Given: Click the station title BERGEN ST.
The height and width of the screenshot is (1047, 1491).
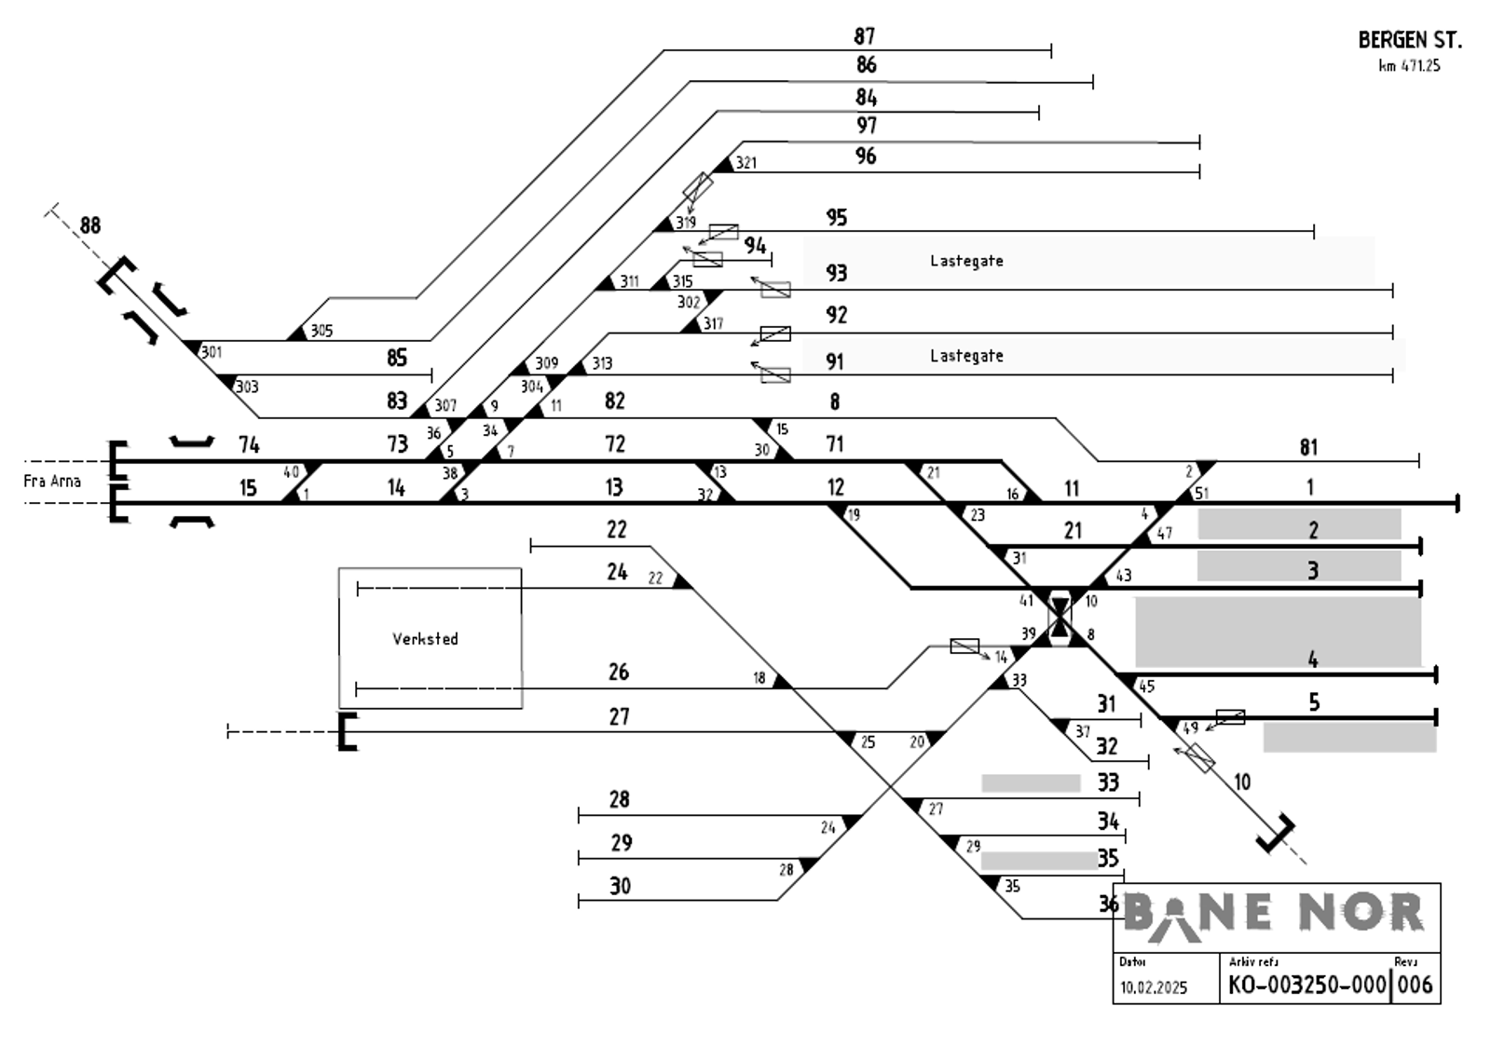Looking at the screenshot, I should (x=1409, y=40).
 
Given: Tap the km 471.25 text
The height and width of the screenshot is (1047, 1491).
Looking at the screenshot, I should (x=1409, y=66).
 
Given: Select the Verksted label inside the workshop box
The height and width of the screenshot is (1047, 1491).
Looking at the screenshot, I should (x=425, y=639).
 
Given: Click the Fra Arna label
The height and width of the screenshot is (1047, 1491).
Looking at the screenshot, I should (x=52, y=482).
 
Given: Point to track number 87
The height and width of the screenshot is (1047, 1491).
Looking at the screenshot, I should (x=865, y=36).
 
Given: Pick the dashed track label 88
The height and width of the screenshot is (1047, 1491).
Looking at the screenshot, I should (x=90, y=225).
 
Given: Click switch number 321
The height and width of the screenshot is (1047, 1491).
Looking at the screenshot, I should (x=745, y=163).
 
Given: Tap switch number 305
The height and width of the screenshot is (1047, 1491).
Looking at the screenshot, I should (x=321, y=331).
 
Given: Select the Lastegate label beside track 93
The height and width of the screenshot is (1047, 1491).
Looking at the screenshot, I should (x=966, y=261).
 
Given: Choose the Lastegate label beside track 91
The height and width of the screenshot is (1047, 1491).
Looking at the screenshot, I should (x=966, y=356).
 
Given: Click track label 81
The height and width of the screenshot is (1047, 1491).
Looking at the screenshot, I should (x=1308, y=448).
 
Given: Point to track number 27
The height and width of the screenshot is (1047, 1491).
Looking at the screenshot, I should (x=620, y=717).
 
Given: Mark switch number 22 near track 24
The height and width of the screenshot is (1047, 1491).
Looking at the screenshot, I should (x=655, y=578).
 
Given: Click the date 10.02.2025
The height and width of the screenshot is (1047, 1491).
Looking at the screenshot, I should (x=1154, y=987).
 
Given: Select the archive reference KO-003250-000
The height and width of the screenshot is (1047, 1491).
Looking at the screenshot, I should (x=1306, y=985).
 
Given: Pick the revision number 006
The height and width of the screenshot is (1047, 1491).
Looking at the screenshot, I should (x=1416, y=985).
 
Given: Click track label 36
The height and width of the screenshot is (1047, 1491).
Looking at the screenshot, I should (x=1108, y=904).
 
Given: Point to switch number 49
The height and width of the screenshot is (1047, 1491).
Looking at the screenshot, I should (x=1190, y=728).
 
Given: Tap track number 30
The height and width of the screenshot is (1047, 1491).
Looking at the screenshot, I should (x=621, y=886).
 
